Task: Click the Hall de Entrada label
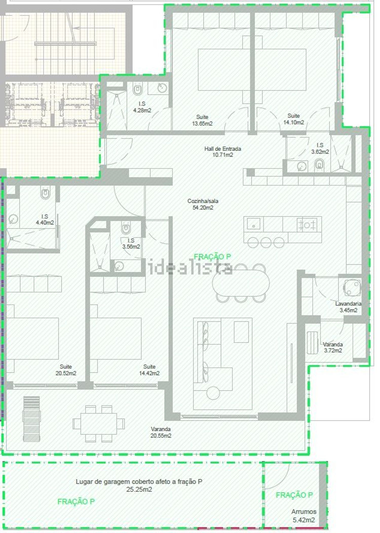[222, 149]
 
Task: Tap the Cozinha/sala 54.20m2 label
[203, 204]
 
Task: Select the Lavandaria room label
[348, 303]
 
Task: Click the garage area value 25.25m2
[139, 489]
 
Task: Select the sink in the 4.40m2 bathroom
[13, 219]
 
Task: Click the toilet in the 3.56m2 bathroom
[126, 228]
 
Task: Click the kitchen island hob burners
[307, 225]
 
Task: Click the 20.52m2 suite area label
[66, 373]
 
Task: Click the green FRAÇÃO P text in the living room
[212, 257]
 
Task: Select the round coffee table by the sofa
[213, 393]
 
